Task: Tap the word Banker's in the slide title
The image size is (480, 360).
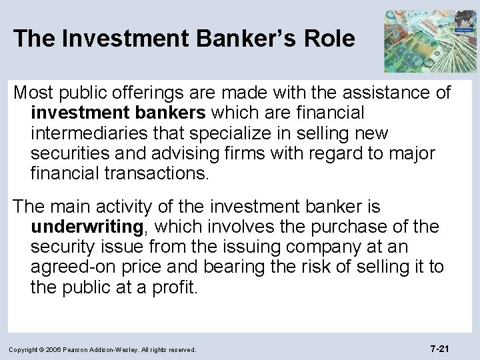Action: [x=227, y=39]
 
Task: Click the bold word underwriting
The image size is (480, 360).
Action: [x=87, y=227]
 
